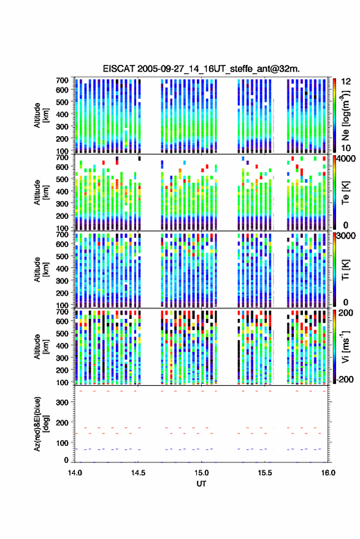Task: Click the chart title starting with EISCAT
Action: click(x=201, y=69)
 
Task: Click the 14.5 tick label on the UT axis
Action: click(x=138, y=473)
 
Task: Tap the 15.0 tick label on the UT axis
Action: click(x=202, y=473)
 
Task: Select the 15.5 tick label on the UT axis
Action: click(x=265, y=473)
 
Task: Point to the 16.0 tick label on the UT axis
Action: click(x=328, y=473)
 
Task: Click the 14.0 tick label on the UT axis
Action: click(x=75, y=473)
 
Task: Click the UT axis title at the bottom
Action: click(x=202, y=484)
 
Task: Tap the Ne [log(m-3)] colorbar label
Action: click(x=345, y=116)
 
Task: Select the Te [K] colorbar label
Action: click(x=345, y=193)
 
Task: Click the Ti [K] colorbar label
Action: click(x=345, y=270)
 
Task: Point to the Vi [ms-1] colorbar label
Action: click(x=345, y=347)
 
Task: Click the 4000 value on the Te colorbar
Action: click(x=345, y=159)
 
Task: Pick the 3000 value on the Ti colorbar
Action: click(x=345, y=236)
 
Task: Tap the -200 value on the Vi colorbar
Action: click(x=345, y=380)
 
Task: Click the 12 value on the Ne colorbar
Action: click(x=346, y=82)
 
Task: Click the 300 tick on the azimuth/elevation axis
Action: click(x=63, y=402)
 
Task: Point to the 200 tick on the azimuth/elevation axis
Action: click(x=63, y=423)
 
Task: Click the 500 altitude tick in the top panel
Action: click(x=62, y=102)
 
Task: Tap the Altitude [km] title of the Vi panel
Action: click(x=41, y=347)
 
